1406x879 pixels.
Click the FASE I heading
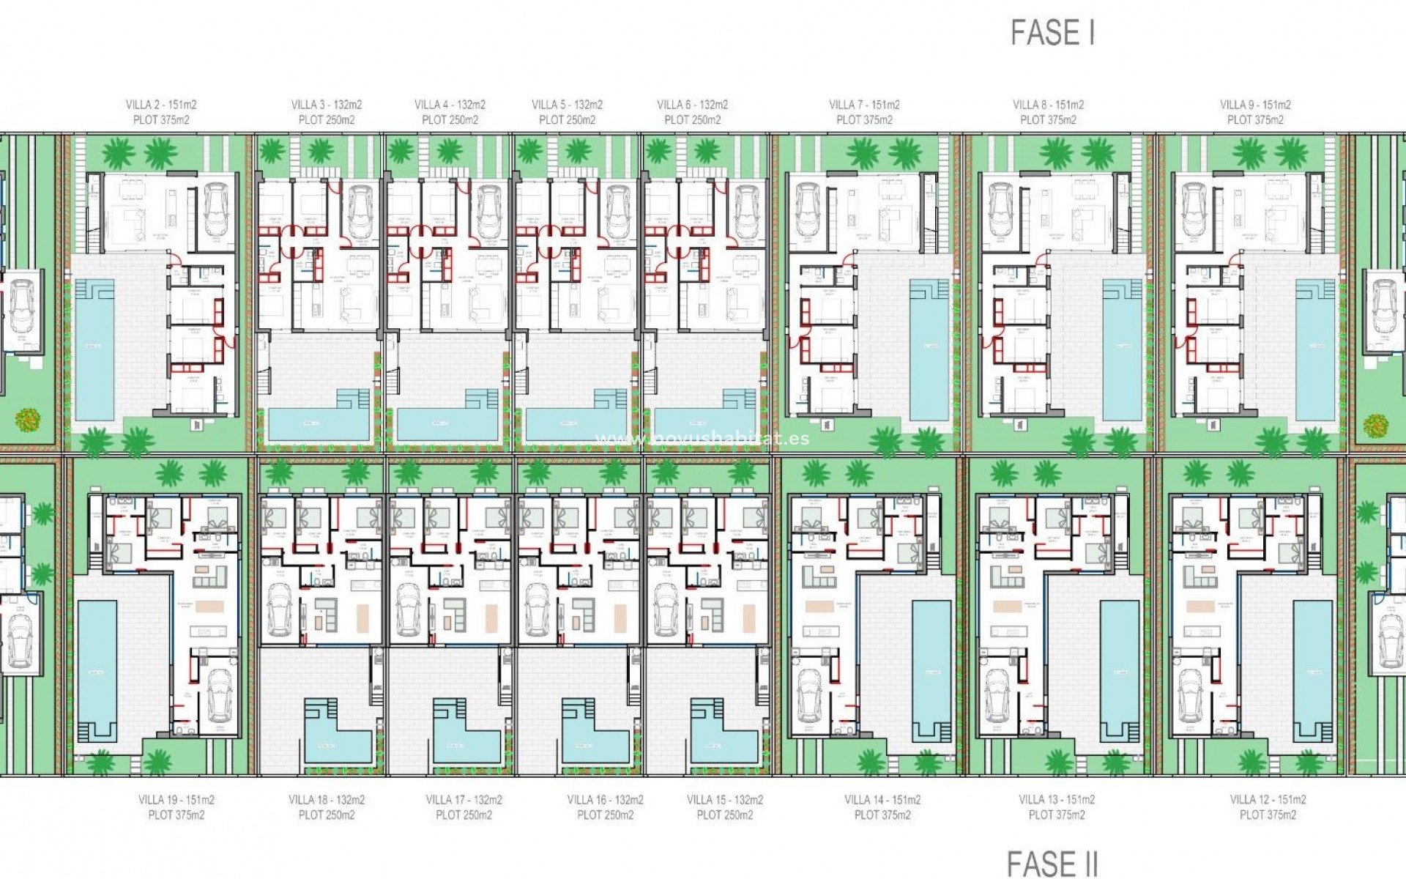1052,33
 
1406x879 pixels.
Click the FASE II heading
1052,864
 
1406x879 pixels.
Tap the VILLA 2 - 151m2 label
161,105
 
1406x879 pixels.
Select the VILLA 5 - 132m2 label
567,105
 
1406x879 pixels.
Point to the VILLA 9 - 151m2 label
1255,105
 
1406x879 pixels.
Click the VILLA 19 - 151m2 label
176,800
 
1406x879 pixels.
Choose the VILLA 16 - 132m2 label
605,800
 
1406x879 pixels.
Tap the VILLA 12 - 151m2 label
1268,800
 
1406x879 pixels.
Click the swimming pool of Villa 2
94,352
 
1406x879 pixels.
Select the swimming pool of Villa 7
929,352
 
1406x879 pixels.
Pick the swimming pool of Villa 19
97,667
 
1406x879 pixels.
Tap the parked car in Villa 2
217,210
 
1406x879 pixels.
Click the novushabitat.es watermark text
703,438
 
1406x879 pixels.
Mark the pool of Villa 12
1312,667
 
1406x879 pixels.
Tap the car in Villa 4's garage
489,212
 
